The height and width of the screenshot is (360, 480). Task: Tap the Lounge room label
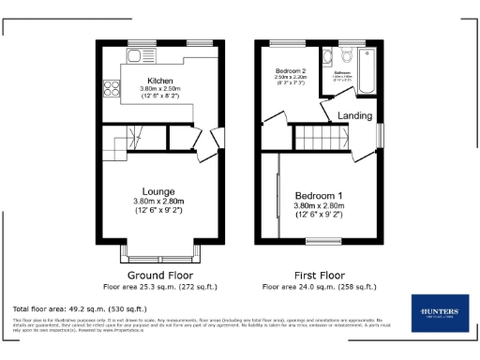tap(157, 191)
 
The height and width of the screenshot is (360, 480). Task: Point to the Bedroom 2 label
tap(292, 71)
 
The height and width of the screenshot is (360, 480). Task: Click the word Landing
tap(354, 116)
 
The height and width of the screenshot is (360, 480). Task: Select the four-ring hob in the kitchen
tap(111, 90)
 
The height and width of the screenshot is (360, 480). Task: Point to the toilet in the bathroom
tap(346, 52)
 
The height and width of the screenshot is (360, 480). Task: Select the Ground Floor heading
tap(155, 274)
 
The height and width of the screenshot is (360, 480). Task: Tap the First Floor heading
tap(319, 274)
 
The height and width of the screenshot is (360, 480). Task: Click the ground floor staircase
tap(118, 144)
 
